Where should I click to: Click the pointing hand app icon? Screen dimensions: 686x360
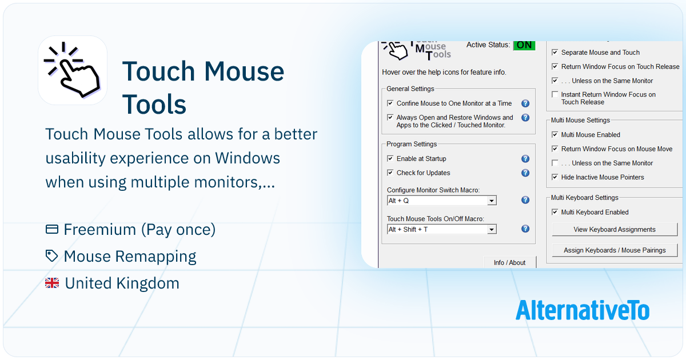[73, 70]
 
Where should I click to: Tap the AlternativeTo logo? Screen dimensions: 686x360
[582, 310]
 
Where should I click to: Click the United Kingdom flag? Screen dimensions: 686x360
[52, 283]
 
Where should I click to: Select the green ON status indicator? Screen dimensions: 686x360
[524, 45]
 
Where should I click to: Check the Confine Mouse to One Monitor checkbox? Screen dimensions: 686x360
[390, 103]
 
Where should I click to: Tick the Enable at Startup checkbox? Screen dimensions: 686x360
[390, 158]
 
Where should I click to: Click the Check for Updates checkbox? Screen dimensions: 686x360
[390, 173]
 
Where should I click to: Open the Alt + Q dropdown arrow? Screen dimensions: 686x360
[492, 201]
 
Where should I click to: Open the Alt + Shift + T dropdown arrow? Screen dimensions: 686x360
[492, 229]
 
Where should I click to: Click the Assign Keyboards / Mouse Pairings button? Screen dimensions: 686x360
[615, 250]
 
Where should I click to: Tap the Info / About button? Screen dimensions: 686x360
[509, 262]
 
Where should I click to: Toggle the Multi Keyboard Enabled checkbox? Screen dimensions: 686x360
[555, 212]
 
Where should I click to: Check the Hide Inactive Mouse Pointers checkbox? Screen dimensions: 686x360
[555, 177]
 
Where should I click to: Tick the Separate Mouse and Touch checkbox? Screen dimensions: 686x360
[555, 53]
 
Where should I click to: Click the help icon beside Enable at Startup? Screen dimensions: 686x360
[525, 159]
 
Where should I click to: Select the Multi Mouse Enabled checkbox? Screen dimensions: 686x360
[555, 134]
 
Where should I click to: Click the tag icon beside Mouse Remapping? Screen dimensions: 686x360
[51, 256]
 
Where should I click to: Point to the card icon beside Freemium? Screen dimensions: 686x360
[52, 229]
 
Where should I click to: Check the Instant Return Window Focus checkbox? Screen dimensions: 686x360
[555, 94]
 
